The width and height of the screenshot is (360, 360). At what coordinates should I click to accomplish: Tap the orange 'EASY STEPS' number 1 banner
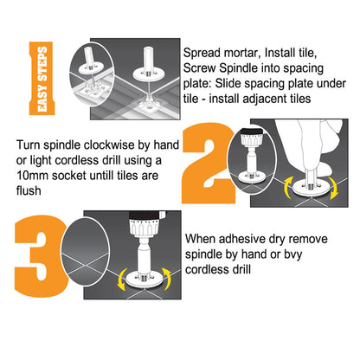pos(42,79)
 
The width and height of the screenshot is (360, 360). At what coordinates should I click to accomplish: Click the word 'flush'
pos(29,190)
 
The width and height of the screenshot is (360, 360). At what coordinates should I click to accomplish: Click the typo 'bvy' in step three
pos(293,254)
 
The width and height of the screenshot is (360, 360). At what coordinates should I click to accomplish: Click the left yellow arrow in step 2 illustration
pos(287,188)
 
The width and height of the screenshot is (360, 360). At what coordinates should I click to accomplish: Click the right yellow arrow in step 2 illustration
pos(334,188)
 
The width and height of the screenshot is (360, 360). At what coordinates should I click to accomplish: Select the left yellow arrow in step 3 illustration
pos(122,280)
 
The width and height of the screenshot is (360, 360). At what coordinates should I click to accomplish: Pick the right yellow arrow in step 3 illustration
pos(167,280)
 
